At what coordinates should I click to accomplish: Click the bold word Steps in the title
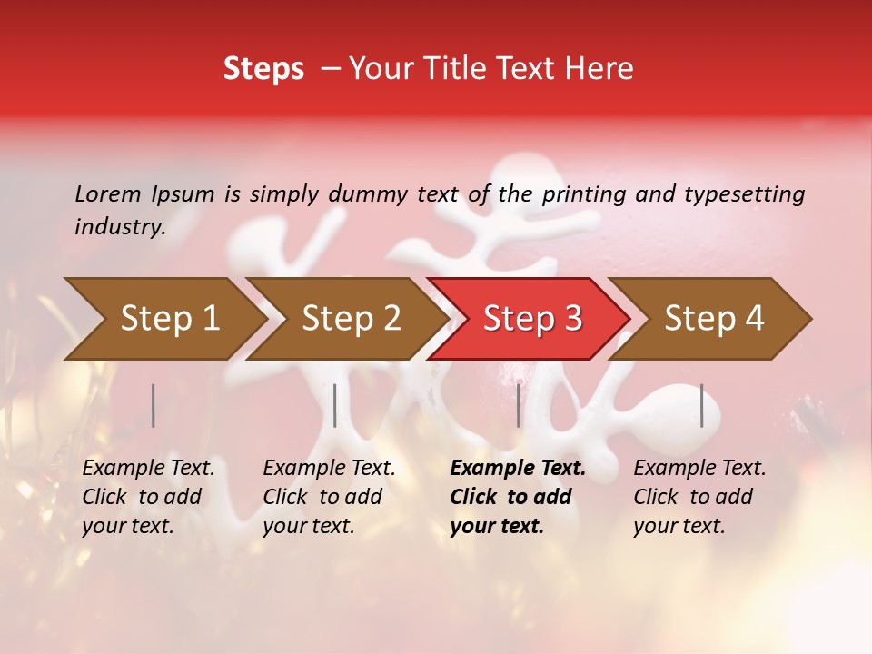(263, 69)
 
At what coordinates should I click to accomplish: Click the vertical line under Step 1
(154, 405)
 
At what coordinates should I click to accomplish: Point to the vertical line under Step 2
(335, 405)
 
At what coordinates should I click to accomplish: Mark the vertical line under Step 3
(519, 405)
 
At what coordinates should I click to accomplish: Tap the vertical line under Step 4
(702, 405)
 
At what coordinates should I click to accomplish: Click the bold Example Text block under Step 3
(517, 497)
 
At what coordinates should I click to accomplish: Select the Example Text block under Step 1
(148, 497)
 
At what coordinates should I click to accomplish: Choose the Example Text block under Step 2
(329, 497)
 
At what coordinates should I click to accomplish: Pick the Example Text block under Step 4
(699, 497)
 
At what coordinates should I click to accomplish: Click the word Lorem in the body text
(108, 194)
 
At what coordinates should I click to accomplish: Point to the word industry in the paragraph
(120, 227)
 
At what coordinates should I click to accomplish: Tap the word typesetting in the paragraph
(744, 194)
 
